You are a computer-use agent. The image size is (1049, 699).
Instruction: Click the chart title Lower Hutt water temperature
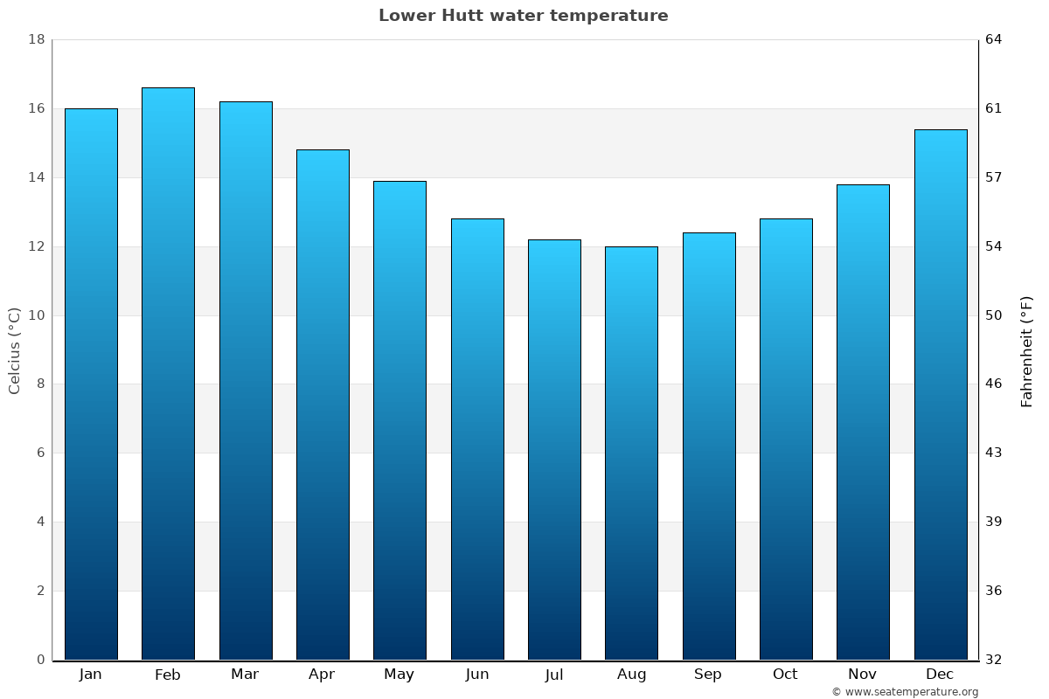point(523,16)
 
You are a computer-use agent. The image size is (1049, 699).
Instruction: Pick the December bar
point(941,395)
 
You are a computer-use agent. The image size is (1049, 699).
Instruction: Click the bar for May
point(399,420)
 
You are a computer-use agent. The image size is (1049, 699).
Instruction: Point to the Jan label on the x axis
point(90,675)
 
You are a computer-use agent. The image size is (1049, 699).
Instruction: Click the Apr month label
point(322,675)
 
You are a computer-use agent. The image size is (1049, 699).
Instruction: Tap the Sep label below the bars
point(708,675)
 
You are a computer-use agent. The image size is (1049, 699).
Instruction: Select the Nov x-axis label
point(863,675)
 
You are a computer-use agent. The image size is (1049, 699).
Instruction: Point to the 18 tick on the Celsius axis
point(36,39)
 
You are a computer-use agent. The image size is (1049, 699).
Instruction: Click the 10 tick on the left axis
point(36,315)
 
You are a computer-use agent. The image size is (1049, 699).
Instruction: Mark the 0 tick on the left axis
point(40,660)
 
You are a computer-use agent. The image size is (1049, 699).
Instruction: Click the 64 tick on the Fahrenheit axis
point(995,39)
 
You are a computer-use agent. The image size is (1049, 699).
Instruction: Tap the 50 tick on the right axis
point(995,315)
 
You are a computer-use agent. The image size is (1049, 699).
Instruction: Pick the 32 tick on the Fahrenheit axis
point(995,660)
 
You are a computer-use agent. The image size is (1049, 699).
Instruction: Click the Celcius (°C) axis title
point(14,350)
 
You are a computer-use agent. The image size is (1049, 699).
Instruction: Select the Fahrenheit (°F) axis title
point(1027,351)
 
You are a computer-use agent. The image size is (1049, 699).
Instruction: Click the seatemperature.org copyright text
point(905,692)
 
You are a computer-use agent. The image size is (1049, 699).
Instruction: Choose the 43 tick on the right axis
point(995,453)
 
